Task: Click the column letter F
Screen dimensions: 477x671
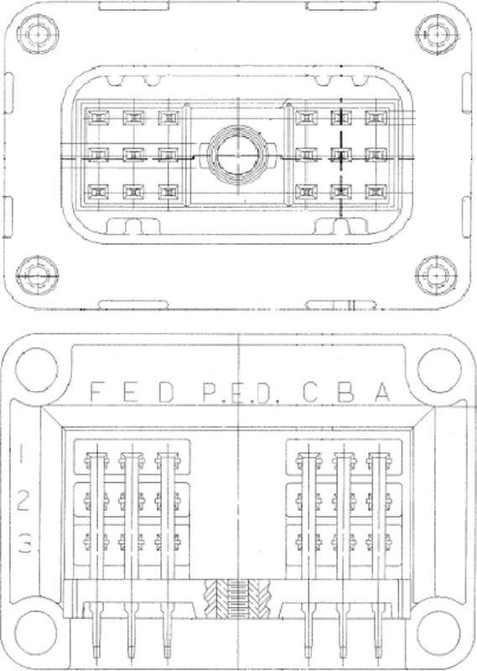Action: point(98,392)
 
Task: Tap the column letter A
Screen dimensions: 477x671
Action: point(383,392)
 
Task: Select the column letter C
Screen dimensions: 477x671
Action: point(310,392)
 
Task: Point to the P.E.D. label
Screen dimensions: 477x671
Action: point(241,393)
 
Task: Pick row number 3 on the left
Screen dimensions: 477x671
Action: point(24,543)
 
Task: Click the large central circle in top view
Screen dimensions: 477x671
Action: point(236,155)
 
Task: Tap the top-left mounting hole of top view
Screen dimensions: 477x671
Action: point(38,34)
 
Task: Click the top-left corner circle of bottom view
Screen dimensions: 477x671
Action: point(36,370)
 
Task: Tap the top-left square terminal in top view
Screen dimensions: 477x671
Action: point(98,117)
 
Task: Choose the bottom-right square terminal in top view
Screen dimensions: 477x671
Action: point(376,192)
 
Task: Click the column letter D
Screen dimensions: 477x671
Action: point(166,392)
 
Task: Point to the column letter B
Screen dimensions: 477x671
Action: point(345,392)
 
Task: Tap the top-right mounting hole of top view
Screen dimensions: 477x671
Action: point(437,34)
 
